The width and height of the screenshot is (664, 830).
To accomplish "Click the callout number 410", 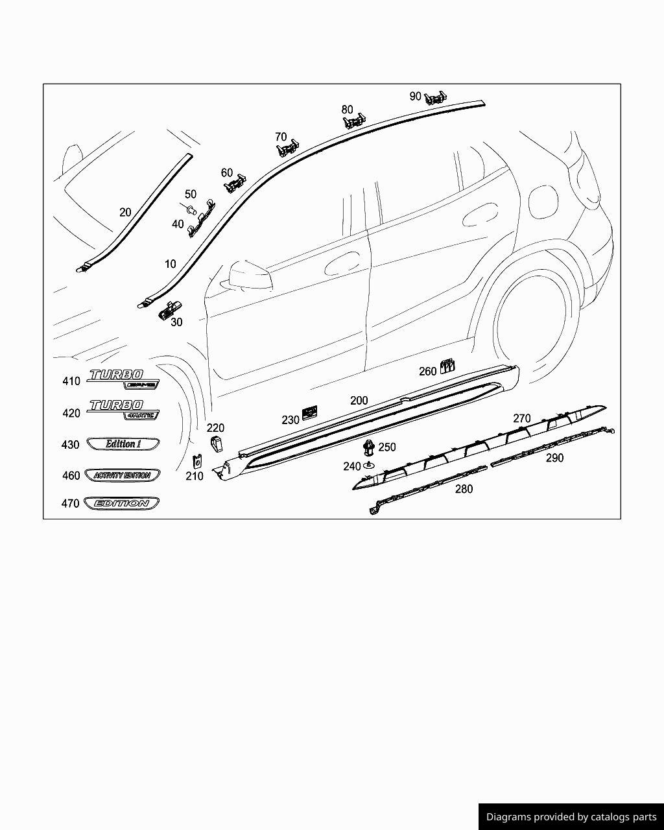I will point(71,381).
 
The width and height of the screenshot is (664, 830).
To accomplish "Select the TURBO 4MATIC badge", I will point(123,409).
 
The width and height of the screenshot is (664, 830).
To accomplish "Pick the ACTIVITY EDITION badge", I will point(122,475).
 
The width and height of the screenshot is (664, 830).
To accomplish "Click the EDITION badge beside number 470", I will point(122,503).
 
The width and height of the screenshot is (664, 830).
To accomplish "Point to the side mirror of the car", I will point(249,275).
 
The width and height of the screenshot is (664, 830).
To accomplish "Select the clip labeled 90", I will point(436,97).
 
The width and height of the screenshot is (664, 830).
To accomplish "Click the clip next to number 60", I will point(235,184).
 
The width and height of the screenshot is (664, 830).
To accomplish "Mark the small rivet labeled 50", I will point(191,209).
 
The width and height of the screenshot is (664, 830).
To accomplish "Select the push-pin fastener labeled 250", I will point(368,447).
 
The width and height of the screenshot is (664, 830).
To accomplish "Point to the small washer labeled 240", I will point(369,466).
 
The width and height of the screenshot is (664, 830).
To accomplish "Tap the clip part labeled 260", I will point(447,366).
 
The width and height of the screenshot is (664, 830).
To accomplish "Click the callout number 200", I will point(359,401).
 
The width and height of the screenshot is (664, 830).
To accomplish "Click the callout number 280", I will point(464,489).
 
